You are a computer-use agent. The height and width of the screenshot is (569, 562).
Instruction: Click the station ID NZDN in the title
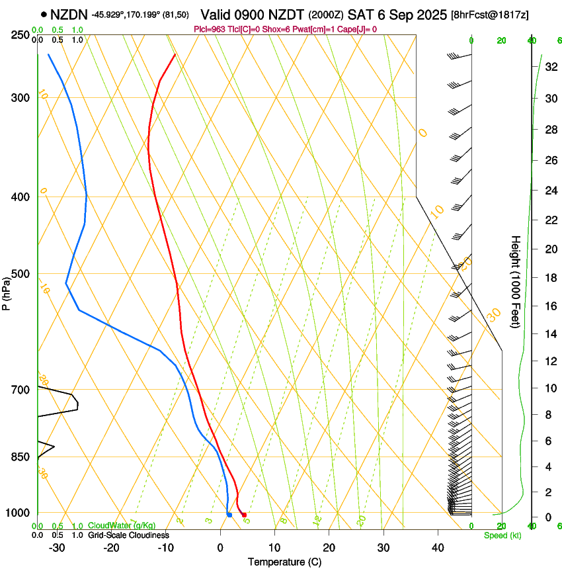(69, 14)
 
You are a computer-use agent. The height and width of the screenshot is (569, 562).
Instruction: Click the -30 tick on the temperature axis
(57, 547)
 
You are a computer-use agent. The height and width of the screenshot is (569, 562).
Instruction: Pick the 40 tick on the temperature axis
(438, 547)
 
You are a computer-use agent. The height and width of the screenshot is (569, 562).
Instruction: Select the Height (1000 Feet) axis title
(516, 281)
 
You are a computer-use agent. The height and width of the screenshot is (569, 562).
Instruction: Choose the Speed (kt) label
(502, 535)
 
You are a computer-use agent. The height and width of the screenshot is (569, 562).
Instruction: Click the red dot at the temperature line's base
(245, 515)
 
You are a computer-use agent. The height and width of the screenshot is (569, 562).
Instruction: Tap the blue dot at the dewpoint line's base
(229, 515)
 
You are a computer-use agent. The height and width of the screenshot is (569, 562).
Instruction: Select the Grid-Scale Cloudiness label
(128, 535)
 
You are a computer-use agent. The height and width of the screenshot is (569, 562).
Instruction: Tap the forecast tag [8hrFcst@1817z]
(489, 15)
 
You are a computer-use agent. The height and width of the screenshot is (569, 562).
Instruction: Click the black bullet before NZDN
(44, 14)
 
